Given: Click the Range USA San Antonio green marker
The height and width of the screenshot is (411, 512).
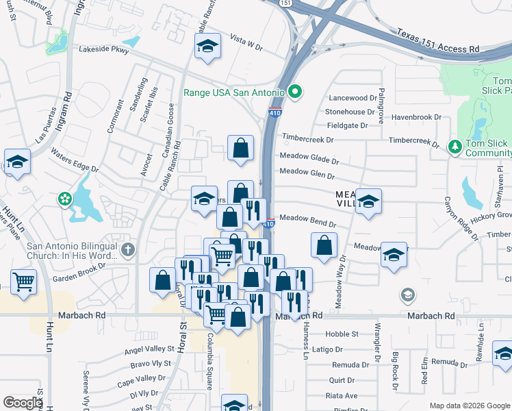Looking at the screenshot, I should click(296, 91).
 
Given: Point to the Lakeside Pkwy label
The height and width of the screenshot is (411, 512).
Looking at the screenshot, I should click(103, 49).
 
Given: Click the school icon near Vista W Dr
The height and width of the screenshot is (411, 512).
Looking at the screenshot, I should click(207, 46).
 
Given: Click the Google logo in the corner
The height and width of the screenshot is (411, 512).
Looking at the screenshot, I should click(22, 403).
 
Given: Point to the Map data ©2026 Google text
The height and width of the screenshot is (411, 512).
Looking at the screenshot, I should click(470, 406).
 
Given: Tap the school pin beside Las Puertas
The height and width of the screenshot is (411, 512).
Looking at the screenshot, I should click(17, 162).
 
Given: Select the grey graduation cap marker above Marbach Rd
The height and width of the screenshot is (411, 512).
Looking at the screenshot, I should click(408, 295).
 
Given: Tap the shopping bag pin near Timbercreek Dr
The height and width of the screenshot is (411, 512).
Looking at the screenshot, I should click(240, 147).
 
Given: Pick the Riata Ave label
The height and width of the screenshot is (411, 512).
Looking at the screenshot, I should click(343, 395).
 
